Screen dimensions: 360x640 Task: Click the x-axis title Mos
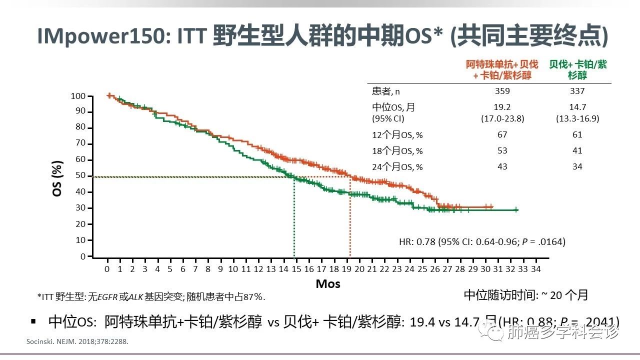[x=328, y=284]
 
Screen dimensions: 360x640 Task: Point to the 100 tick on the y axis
[x=79, y=96]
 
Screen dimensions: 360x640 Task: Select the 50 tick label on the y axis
[x=81, y=176]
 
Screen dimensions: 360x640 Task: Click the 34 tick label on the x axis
[x=535, y=269]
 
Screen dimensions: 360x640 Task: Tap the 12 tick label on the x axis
[x=258, y=269]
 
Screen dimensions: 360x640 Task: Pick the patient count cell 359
[x=502, y=91]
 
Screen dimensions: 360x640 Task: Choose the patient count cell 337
[x=577, y=91]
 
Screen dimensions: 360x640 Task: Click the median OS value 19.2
[x=502, y=107]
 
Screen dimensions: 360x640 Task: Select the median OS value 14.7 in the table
[x=577, y=107]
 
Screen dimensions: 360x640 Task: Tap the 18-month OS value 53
[x=502, y=150]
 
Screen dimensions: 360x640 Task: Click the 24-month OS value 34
[x=577, y=166]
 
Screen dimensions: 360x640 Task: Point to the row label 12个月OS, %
[x=397, y=135]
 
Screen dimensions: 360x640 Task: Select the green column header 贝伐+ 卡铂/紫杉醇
[x=577, y=69]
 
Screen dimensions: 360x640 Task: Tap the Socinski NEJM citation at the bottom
[x=80, y=342]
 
